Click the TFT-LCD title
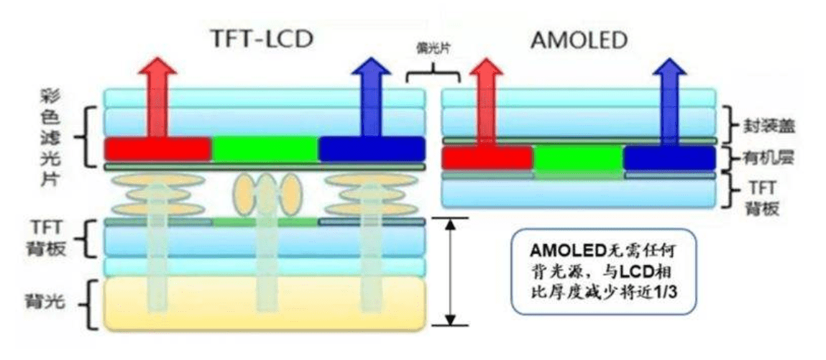261,40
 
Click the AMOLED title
579,40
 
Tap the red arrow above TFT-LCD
157,98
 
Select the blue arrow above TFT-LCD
372,98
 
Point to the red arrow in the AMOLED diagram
486,101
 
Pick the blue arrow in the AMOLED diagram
669,101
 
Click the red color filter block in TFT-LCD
157,149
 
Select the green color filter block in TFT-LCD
265,149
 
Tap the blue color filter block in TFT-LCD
372,149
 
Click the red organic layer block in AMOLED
487,158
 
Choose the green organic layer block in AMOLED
579,159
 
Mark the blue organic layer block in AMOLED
669,158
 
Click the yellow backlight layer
265,304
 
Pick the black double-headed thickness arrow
450,272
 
